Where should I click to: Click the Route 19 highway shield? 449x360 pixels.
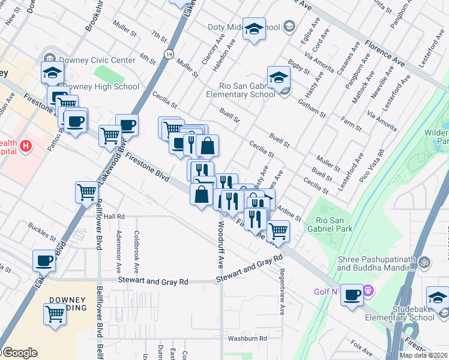coord(171,53)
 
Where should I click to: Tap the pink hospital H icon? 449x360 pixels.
coord(25,145)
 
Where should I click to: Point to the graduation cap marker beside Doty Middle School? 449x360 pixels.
coord(255,29)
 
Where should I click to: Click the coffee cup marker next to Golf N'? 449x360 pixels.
coord(352,295)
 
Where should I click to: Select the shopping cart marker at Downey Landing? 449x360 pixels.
coord(55,314)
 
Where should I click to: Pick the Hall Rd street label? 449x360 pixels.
coord(113,217)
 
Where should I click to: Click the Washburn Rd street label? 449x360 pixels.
coord(247,338)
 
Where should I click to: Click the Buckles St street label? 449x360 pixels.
coord(42,230)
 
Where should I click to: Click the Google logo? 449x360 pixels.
coord(19,353)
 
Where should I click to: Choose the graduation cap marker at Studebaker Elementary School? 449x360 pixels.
coord(438,298)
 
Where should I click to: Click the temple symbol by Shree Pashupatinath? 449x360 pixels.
coord(424,263)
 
